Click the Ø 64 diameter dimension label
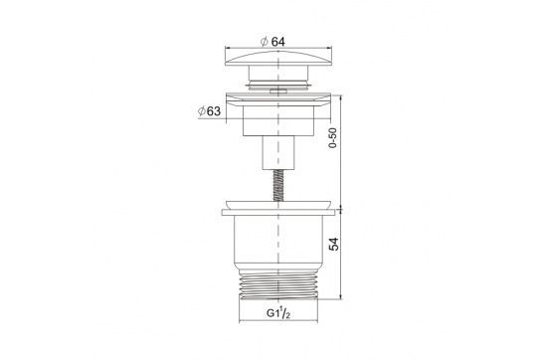[272, 42]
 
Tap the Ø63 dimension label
[209, 111]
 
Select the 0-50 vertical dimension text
[332, 137]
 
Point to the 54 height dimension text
[334, 244]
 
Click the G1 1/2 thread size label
[278, 313]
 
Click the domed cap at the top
[278, 59]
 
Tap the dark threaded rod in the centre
[278, 185]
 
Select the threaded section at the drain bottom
[278, 284]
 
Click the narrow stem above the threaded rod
[278, 153]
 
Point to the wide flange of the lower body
[278, 212]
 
